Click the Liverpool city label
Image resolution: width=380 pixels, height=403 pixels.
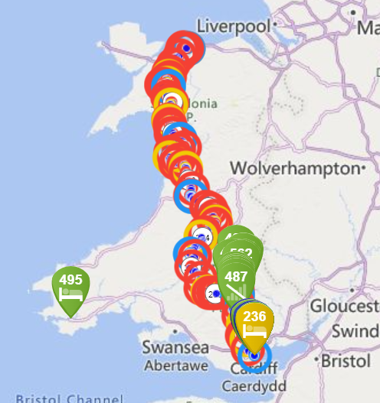click(234, 26)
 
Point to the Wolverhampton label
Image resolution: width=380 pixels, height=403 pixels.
click(294, 167)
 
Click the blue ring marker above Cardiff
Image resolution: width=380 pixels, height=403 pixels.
click(254, 354)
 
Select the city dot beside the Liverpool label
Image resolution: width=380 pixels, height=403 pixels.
click(276, 27)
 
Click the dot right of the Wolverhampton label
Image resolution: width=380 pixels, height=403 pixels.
click(363, 167)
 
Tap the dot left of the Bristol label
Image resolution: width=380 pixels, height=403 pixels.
click(320, 358)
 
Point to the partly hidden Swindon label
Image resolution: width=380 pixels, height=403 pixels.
click(355, 331)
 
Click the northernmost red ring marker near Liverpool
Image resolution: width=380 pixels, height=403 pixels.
click(185, 48)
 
